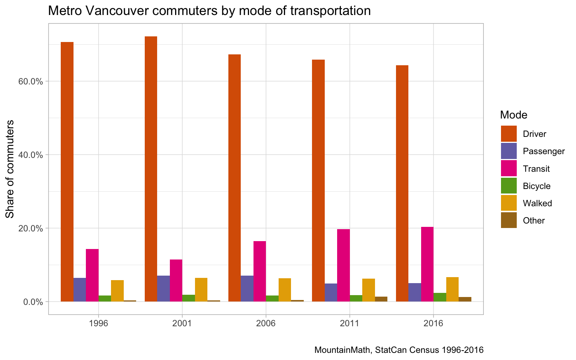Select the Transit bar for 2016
point(427,264)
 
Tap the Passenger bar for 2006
point(247,288)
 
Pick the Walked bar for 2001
point(201,289)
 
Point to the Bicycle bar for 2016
point(440,297)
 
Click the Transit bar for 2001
point(176,280)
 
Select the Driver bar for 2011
point(318,180)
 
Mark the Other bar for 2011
point(381,299)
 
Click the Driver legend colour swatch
point(508,134)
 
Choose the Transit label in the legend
point(536,169)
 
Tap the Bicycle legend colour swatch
point(508,186)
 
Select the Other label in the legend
point(534,220)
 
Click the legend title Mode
point(514,115)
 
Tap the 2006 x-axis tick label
point(266,323)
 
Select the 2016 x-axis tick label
point(433,323)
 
